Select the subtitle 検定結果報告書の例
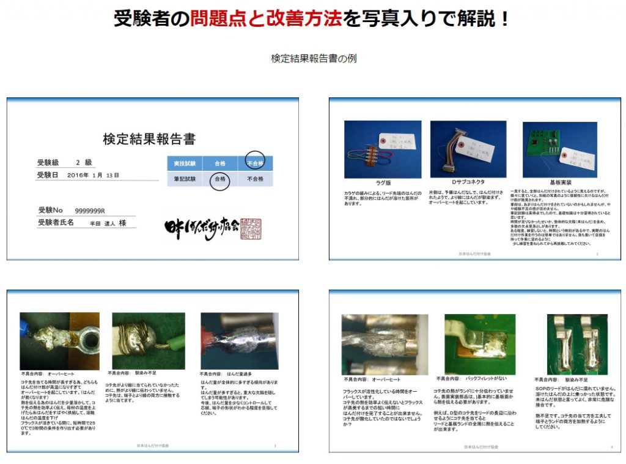tap(314, 59)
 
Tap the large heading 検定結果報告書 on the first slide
tap(149, 139)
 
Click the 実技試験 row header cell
tap(185, 163)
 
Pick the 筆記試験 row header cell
tap(185, 179)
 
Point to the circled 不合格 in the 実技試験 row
tap(255, 163)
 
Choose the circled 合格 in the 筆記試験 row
tap(219, 179)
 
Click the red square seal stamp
tap(250, 227)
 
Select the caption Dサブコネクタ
tap(468, 182)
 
